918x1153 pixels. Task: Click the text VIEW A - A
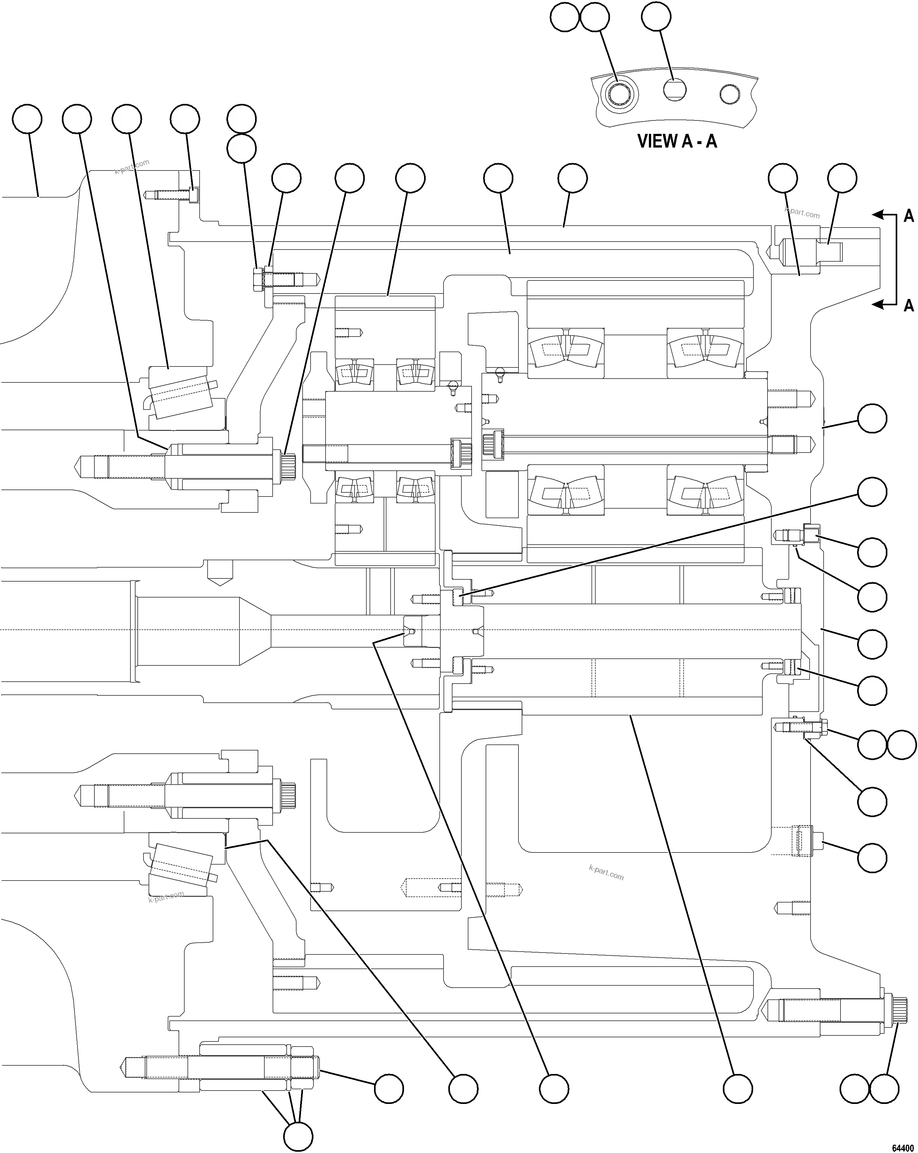pyautogui.click(x=677, y=141)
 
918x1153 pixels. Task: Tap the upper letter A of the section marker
pyautogui.click(x=908, y=216)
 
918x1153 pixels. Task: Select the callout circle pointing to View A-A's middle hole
pyautogui.click(x=656, y=17)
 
